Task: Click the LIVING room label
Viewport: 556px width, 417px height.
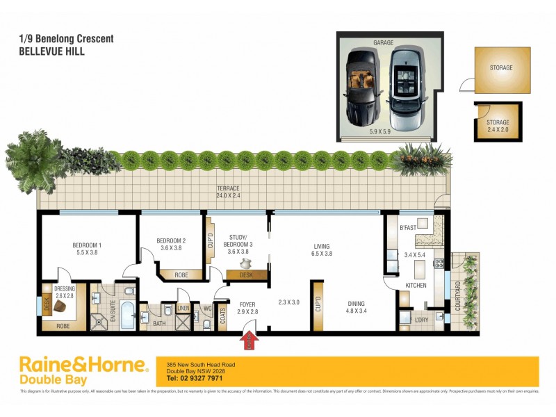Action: click(321, 246)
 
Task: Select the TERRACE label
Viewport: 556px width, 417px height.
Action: click(227, 188)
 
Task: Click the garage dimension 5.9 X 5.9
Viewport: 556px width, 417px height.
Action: click(383, 130)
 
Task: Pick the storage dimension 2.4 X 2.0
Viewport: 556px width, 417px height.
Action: click(498, 129)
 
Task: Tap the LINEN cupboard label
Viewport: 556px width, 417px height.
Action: click(183, 309)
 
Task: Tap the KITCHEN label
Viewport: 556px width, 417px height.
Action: click(414, 285)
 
